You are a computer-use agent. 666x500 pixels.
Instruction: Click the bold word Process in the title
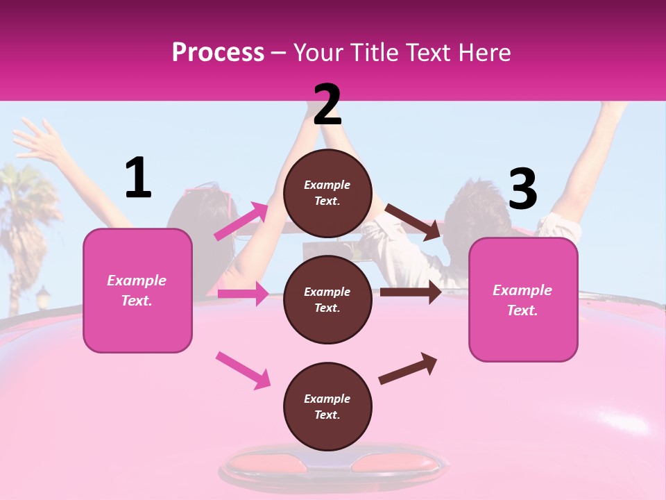[x=218, y=53]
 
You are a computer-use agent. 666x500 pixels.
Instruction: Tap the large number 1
[x=138, y=178]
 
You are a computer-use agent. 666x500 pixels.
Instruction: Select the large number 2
[x=327, y=105]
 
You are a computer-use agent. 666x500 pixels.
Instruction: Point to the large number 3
[x=523, y=190]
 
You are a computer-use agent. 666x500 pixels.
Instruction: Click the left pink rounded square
[x=137, y=290]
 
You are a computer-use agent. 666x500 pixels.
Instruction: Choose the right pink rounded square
[x=523, y=299]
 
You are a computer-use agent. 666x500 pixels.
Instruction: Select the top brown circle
[x=327, y=193]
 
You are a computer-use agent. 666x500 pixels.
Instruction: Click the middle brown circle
[x=327, y=299]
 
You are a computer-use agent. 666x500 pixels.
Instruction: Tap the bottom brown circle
[x=327, y=406]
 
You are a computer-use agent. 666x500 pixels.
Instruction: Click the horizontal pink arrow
[x=243, y=294]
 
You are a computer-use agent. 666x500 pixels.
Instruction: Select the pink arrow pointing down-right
[x=243, y=369]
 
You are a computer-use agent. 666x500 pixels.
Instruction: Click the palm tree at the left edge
[x=28, y=201]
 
